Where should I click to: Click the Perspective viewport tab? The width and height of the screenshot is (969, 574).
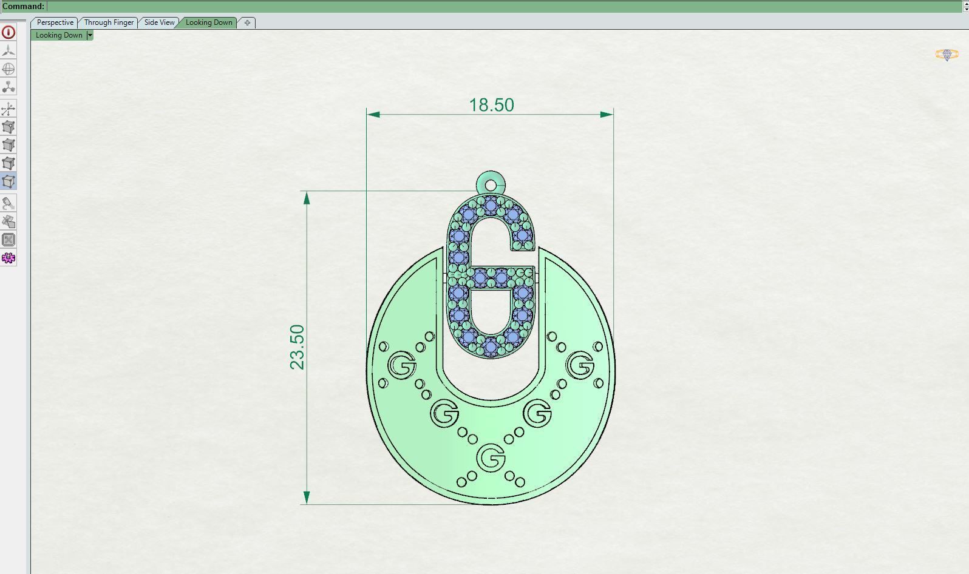[55, 22]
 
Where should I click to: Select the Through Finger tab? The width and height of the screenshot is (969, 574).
[109, 22]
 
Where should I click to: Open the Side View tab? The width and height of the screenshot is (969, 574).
[159, 22]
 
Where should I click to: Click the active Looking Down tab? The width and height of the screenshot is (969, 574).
[209, 22]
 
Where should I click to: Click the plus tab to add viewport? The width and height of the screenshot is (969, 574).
[247, 22]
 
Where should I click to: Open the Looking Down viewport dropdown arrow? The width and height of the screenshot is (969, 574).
[90, 35]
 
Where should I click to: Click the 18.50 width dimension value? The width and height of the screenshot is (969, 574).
[491, 105]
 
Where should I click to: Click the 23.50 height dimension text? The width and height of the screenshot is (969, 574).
[297, 347]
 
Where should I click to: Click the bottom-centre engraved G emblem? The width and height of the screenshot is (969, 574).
[491, 458]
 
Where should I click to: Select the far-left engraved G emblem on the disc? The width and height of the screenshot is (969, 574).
[401, 365]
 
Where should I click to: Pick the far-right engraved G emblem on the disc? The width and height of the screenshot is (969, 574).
[580, 365]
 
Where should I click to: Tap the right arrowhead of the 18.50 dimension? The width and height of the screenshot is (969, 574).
[607, 114]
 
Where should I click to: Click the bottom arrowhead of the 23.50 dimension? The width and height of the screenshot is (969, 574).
[307, 498]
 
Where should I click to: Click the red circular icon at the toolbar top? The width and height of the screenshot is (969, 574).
[8, 32]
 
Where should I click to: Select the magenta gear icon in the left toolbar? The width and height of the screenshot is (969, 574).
[8, 258]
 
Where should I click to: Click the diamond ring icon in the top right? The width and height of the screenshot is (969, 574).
[947, 55]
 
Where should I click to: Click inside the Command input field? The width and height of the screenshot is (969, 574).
[486, 7]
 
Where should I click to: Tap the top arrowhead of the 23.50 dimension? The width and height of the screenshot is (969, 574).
[307, 198]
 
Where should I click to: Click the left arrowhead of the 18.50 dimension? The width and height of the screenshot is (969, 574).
[374, 114]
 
